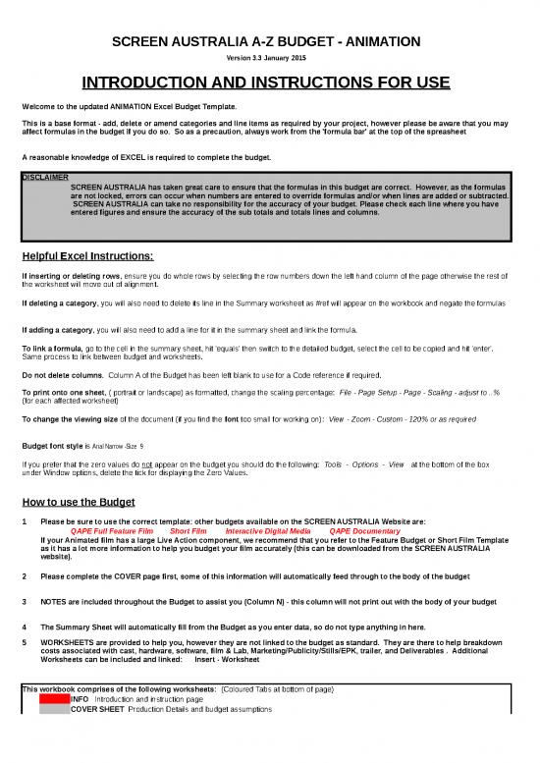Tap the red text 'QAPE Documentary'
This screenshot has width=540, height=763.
coord(359,531)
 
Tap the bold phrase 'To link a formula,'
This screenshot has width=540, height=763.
coord(58,349)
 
